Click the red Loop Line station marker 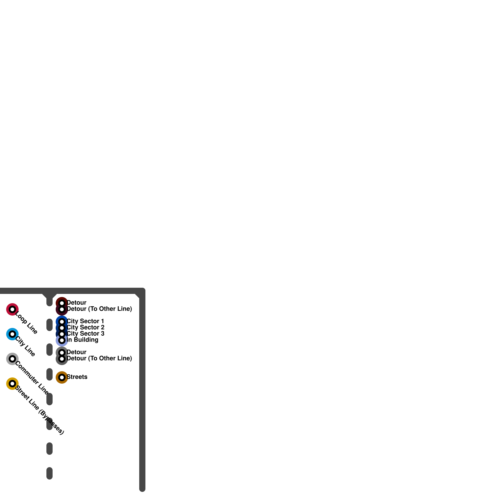click(12, 309)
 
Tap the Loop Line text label click(26, 323)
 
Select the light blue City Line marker click(12, 334)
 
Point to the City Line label click(25, 346)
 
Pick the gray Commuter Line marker click(12, 359)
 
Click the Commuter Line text click(32, 378)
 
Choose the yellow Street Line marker click(12, 384)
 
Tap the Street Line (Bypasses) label click(39, 410)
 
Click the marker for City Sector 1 click(62, 322)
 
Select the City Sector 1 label click(85, 321)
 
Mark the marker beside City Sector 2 click(62, 328)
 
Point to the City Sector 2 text click(86, 327)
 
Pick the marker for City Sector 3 click(62, 334)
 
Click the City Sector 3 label click(86, 334)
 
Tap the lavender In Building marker click(62, 340)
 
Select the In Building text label click(83, 340)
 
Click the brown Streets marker click(62, 377)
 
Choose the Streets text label click(77, 377)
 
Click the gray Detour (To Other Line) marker click(62, 359)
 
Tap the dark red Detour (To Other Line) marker click(62, 309)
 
